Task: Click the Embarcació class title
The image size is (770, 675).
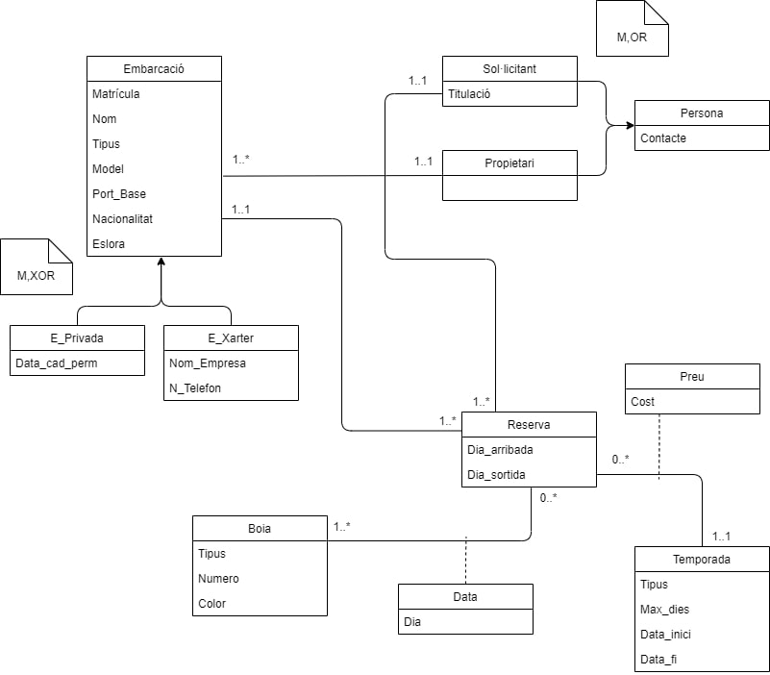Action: pos(154,68)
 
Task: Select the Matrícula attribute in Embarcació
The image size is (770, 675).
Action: pos(116,94)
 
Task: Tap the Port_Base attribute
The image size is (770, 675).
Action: pos(119,194)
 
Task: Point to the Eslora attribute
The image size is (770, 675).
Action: pos(109,244)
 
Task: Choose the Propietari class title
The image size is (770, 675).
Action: pos(509,162)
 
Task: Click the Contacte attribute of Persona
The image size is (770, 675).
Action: pos(663,137)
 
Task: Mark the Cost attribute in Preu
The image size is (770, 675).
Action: pos(642,401)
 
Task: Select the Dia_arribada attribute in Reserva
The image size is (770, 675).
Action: pos(500,449)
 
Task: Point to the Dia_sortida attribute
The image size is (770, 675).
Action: pos(496,474)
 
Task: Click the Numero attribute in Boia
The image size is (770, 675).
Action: pos(218,579)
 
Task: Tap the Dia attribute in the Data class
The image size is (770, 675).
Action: pos(412,621)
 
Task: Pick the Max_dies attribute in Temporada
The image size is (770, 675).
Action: pos(664,609)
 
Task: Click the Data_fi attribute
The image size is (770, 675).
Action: pos(658,659)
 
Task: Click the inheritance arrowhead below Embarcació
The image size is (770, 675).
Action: pos(161,262)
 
